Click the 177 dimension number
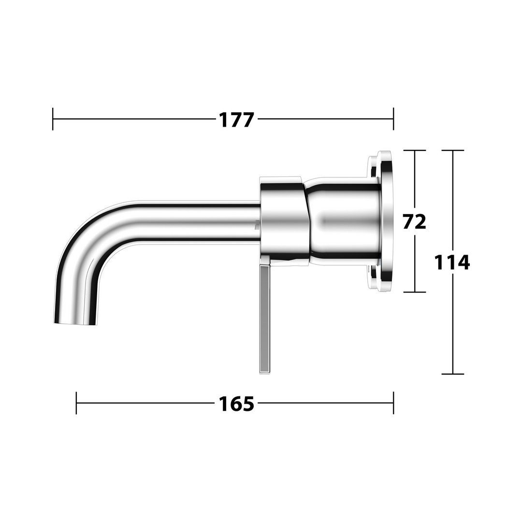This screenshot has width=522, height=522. pyautogui.click(x=236, y=120)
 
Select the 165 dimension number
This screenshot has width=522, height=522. pyautogui.click(x=236, y=404)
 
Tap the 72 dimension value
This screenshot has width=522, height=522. pyautogui.click(x=415, y=221)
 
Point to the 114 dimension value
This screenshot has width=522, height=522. pyautogui.click(x=452, y=262)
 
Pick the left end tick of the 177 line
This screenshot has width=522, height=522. pyautogui.click(x=53, y=119)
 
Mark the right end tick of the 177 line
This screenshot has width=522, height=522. pyautogui.click(x=393, y=119)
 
